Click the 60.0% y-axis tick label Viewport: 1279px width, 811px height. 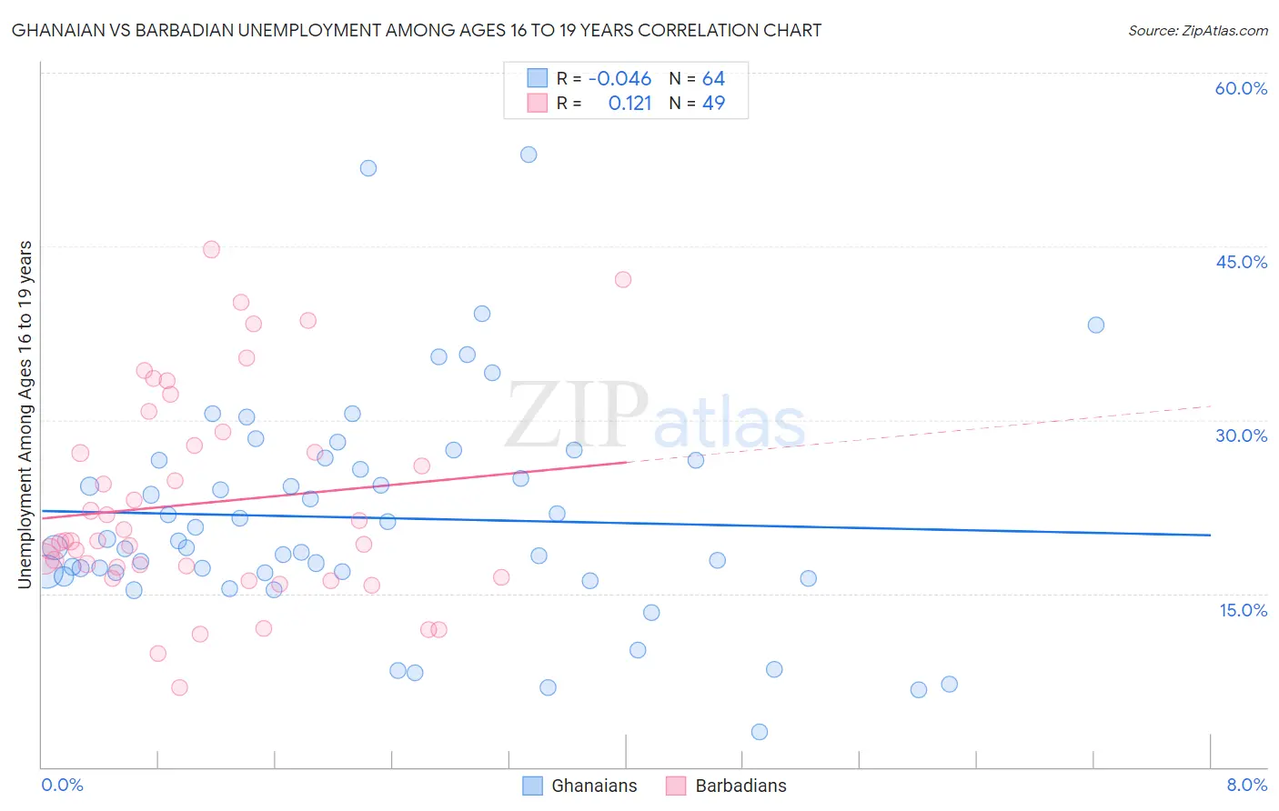pos(1240,88)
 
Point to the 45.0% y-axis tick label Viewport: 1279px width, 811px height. pos(1241,262)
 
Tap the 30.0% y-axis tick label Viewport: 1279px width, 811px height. pos(1241,436)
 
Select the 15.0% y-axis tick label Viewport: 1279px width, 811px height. pos(1243,610)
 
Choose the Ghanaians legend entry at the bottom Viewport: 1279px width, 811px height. pos(593,786)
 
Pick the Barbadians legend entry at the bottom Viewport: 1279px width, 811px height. pos(740,786)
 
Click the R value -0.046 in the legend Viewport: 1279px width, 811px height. pos(619,79)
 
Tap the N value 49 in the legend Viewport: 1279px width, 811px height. pos(714,104)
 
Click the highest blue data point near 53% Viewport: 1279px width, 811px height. pos(529,155)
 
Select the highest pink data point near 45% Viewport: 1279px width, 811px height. pos(211,249)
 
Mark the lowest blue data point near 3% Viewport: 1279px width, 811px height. pos(760,732)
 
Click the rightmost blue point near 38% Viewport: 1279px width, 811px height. pos(1096,325)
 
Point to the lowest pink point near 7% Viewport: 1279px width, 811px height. pos(179,687)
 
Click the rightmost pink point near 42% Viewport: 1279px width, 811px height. pos(623,279)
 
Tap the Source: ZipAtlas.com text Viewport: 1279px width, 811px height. pos(1197,31)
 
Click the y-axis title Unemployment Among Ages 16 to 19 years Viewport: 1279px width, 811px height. pos(25,414)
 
